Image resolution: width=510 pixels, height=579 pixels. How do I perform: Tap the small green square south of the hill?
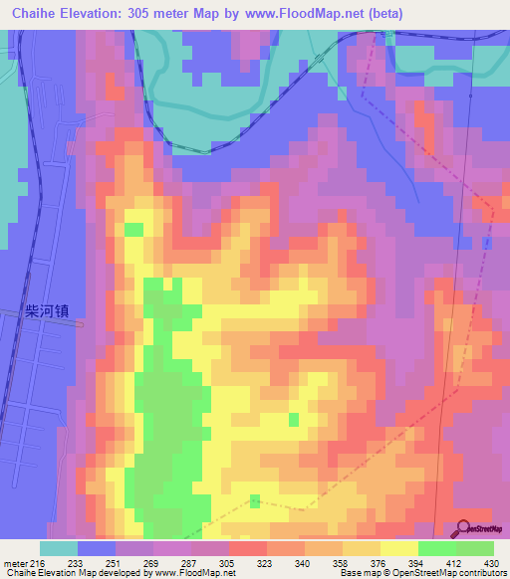pos(256,500)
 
